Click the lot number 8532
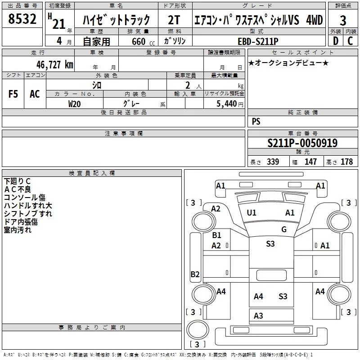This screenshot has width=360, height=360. [x=22, y=19]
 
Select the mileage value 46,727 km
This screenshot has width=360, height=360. [x=51, y=64]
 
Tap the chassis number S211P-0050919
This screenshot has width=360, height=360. [x=302, y=143]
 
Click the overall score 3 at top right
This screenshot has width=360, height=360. [x=343, y=20]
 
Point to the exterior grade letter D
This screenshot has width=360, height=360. [x=335, y=40]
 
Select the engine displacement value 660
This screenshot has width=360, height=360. [x=139, y=41]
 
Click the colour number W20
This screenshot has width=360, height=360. [x=75, y=103]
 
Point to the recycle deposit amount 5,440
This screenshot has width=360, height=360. [x=227, y=103]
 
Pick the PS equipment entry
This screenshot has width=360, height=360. [x=256, y=121]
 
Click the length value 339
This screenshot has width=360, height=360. [x=273, y=162]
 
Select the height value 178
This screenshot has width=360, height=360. [x=347, y=162]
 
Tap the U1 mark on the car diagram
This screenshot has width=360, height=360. [x=252, y=212]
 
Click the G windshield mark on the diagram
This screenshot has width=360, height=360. [x=284, y=229]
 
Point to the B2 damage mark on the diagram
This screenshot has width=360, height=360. [x=195, y=274]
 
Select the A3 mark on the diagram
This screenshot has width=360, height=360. [x=258, y=316]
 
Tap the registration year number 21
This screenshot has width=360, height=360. [x=58, y=23]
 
